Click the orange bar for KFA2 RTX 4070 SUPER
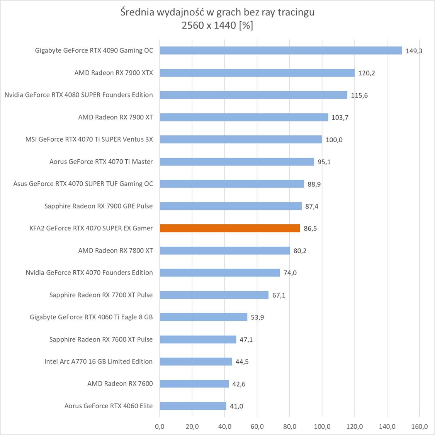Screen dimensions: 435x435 [x=229, y=228]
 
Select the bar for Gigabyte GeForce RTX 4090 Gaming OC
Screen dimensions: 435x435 [x=280, y=51]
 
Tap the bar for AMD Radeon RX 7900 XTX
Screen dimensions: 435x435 [x=257, y=73]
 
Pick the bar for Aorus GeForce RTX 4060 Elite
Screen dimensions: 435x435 [x=193, y=406]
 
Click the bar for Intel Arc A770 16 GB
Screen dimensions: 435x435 [x=195, y=362]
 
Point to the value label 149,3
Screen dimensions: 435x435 [x=414, y=51]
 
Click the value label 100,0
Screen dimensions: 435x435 [x=334, y=140]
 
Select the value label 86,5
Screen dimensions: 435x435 [x=310, y=229]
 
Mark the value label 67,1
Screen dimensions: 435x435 [x=279, y=295]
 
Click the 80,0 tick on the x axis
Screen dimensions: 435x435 [x=290, y=426]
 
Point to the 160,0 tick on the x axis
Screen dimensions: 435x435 [x=420, y=426]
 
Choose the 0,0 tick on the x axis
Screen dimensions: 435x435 [x=160, y=426]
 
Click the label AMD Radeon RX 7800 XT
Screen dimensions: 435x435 [x=116, y=251]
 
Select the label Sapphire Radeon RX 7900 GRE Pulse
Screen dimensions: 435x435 [x=99, y=206]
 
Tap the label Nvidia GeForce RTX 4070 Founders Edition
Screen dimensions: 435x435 [x=89, y=273]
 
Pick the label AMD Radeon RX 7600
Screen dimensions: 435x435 [x=120, y=384]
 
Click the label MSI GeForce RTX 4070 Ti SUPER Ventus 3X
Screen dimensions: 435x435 [x=89, y=139]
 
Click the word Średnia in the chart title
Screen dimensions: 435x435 [x=138, y=12]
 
